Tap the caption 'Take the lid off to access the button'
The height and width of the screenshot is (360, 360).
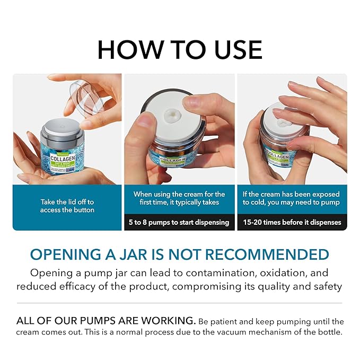67,206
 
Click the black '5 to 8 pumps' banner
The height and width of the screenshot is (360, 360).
179,222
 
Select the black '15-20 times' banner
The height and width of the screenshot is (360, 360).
292,222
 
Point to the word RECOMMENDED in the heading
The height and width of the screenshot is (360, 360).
267,254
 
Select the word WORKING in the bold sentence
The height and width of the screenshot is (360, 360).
167,321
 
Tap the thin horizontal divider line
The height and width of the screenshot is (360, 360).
180,303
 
